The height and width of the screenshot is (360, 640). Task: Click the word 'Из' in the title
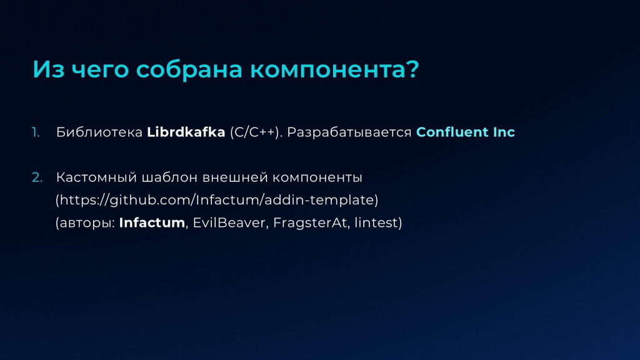[49, 69]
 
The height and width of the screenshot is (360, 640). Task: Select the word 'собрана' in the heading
[189, 69]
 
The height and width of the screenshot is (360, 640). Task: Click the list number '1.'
[36, 132]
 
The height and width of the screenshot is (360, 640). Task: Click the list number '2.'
[37, 177]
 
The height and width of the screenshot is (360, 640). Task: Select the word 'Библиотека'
[99, 132]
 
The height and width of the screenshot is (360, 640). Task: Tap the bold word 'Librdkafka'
[186, 132]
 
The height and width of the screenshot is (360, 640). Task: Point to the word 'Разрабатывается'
[349, 132]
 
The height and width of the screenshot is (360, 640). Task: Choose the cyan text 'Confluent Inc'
[465, 132]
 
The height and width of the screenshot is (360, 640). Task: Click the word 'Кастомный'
[96, 177]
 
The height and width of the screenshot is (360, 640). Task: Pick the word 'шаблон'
[170, 177]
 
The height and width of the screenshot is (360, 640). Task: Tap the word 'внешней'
[235, 177]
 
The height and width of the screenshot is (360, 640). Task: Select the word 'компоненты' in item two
[317, 178]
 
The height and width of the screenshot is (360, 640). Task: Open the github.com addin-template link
[217, 200]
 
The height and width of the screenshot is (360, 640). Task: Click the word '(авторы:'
[85, 223]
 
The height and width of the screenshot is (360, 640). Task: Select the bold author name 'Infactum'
[152, 222]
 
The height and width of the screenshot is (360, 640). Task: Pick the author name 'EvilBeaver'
[229, 222]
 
